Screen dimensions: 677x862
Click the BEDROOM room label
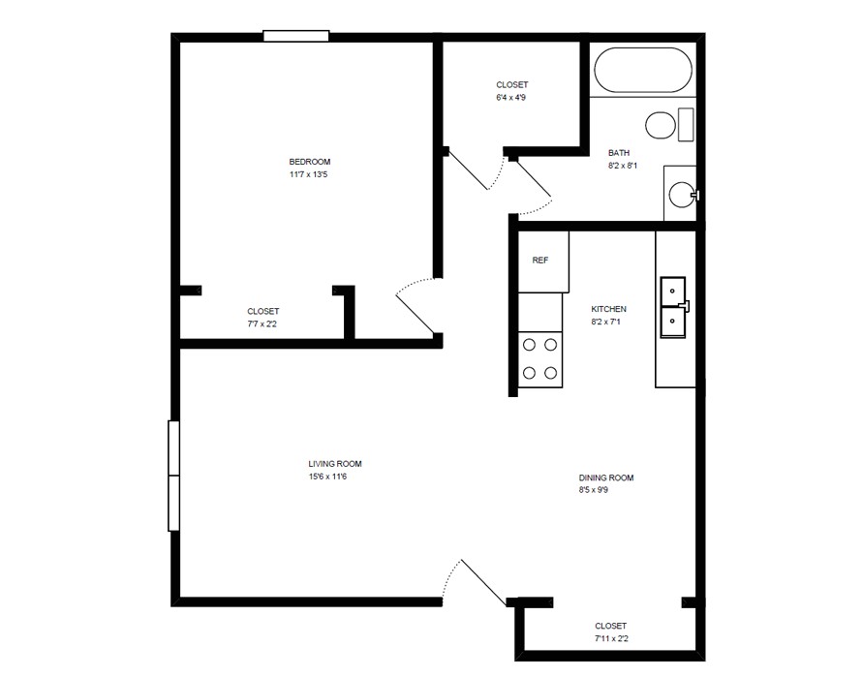click(310, 162)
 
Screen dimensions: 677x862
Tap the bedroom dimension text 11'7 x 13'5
click(310, 174)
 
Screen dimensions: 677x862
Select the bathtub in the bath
click(642, 71)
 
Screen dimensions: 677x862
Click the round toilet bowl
click(662, 126)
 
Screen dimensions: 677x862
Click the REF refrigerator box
click(541, 261)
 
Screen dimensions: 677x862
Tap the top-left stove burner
click(529, 344)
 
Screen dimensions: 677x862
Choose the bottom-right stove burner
click(550, 372)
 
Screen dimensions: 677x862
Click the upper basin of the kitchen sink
click(672, 291)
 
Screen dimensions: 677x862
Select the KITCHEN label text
click(609, 309)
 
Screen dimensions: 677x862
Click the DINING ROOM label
click(606, 477)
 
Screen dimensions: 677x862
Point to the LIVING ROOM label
click(335, 464)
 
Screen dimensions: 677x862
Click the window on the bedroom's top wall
click(296, 37)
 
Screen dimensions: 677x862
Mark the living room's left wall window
click(174, 476)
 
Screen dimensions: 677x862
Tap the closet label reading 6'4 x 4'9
click(511, 98)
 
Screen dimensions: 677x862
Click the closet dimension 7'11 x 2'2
click(610, 639)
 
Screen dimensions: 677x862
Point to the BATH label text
click(619, 153)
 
